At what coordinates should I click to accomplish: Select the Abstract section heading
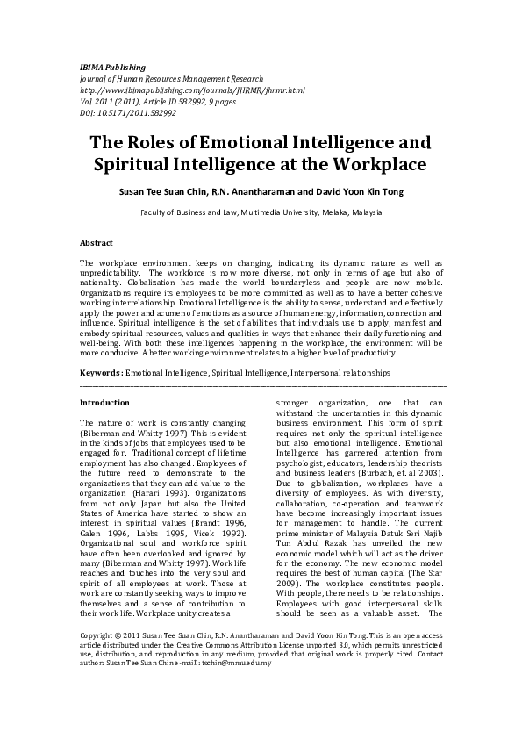point(96,241)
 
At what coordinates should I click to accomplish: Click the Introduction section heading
point(104,403)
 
